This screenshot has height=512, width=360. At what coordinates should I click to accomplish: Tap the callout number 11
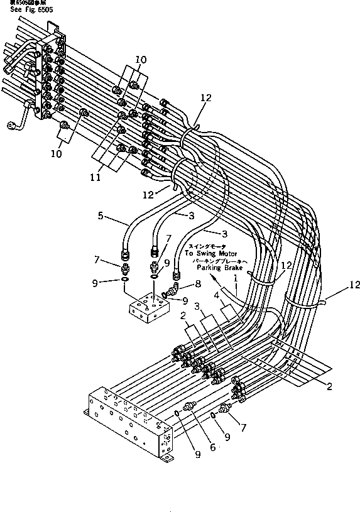click(x=95, y=178)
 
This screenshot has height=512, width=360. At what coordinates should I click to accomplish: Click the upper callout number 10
click(x=140, y=60)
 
